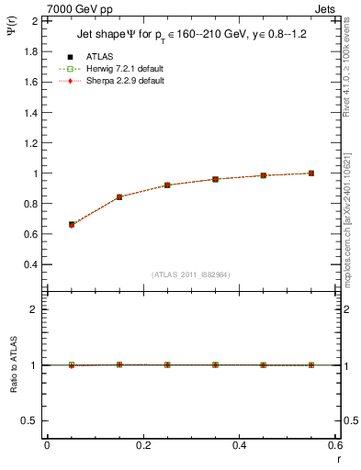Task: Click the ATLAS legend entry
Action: [98, 56]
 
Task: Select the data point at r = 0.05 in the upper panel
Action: [72, 224]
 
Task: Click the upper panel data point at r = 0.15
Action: [119, 197]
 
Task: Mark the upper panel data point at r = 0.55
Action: [311, 173]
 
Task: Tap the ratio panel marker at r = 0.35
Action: [216, 364]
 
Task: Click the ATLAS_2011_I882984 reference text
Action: [192, 274]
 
